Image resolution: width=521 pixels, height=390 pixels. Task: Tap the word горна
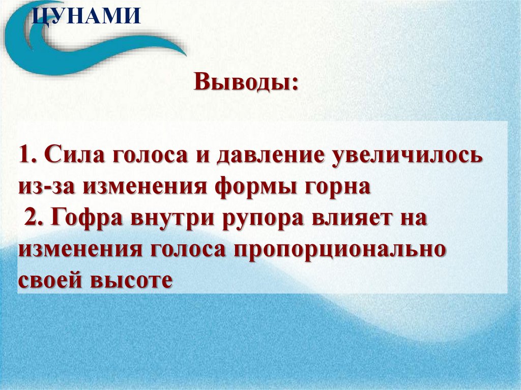pos(335,187)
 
